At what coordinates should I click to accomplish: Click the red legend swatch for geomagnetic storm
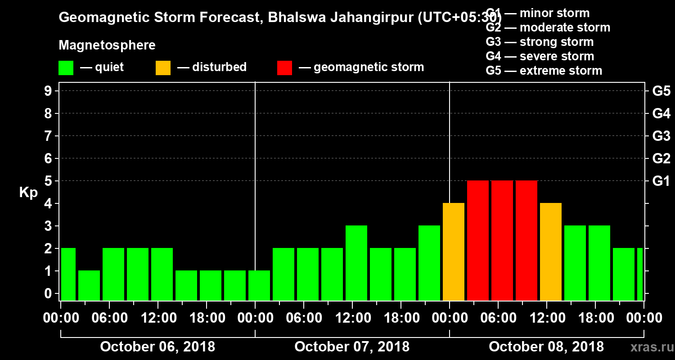[x=285, y=68]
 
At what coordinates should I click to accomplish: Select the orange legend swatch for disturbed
[x=163, y=68]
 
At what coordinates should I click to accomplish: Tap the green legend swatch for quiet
[x=66, y=68]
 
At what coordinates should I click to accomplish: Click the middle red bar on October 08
[x=502, y=240]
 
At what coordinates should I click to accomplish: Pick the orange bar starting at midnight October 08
[x=454, y=252]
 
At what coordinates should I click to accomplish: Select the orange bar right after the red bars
[x=551, y=252]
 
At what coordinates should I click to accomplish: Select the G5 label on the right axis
[x=661, y=91]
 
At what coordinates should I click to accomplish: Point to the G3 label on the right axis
[x=661, y=136]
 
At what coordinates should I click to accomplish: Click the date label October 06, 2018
[x=157, y=347]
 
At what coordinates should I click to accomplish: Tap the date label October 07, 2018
[x=352, y=347]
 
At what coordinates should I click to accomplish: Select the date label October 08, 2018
[x=546, y=347]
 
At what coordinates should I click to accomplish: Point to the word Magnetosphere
[x=107, y=45]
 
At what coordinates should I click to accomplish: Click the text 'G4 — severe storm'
[x=540, y=56]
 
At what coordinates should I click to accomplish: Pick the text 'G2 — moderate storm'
[x=548, y=27]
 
